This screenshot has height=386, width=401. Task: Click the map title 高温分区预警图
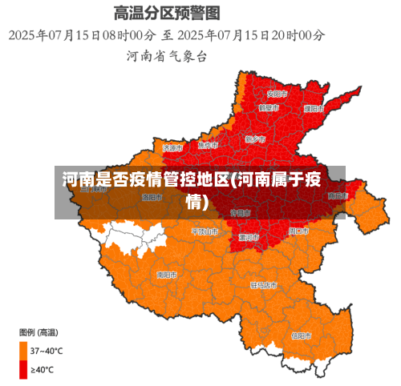click(x=167, y=14)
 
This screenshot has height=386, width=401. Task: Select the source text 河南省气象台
click(x=167, y=56)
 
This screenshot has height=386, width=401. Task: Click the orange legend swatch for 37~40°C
click(x=23, y=350)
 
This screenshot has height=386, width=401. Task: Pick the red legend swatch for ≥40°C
click(x=23, y=369)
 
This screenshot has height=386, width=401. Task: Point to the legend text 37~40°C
click(x=47, y=350)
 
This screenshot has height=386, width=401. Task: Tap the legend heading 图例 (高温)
click(x=38, y=332)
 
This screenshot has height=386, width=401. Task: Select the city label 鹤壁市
click(x=269, y=107)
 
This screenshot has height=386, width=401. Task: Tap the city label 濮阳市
click(x=313, y=108)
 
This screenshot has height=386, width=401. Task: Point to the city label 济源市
click(x=172, y=148)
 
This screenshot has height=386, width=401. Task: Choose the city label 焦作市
click(x=208, y=146)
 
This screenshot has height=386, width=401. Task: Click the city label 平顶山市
click(x=205, y=231)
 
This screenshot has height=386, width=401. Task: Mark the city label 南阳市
click(x=167, y=275)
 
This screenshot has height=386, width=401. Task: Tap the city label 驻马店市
click(x=264, y=284)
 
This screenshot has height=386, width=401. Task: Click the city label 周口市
click(x=298, y=231)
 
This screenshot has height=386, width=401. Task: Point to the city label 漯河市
click(x=248, y=237)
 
